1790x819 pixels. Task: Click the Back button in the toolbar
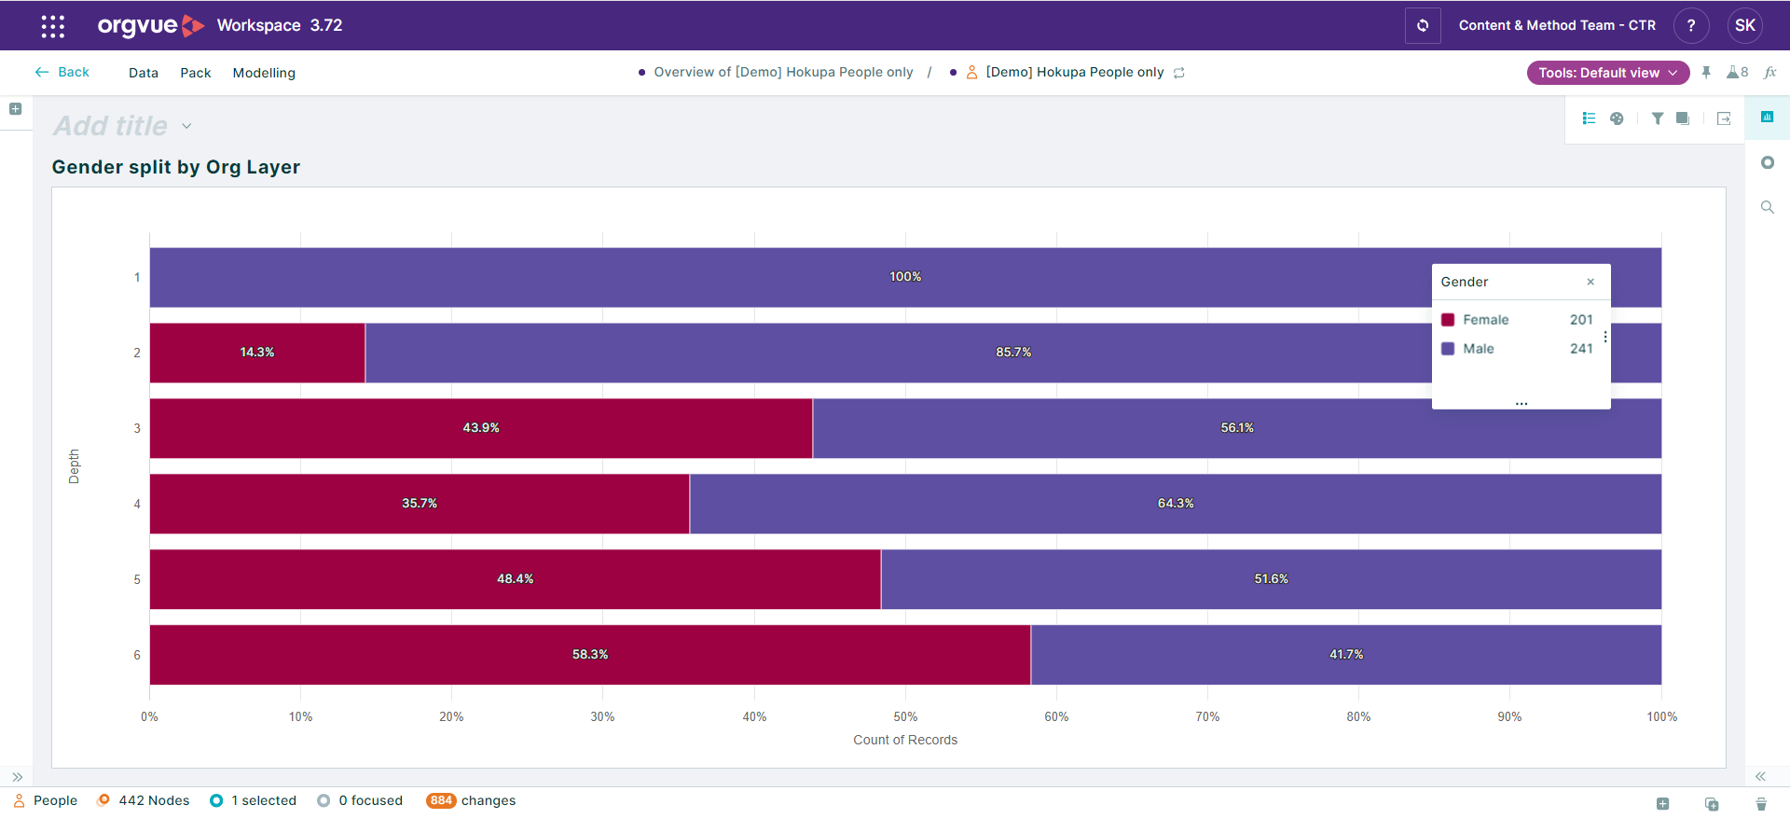[62, 72]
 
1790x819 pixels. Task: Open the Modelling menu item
[264, 73]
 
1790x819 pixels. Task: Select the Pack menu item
[195, 73]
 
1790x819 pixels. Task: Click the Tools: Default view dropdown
[1607, 73]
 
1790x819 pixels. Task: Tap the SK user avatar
[1744, 25]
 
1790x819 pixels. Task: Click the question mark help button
[1690, 25]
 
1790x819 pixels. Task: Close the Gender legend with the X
[1590, 282]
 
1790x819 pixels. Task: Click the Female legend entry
[1485, 320]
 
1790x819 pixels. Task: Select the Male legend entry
[1478, 349]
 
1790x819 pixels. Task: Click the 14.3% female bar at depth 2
[257, 353]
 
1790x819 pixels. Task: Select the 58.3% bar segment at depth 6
[590, 655]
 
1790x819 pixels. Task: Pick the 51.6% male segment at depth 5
[1271, 579]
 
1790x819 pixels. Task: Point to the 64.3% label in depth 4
[1176, 504]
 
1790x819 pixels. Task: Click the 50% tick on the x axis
[905, 716]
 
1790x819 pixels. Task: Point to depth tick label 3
[137, 428]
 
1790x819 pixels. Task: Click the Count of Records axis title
[905, 740]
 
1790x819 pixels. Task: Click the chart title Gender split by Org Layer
[176, 167]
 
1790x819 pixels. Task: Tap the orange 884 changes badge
[441, 800]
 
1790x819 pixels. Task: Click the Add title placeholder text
[111, 126]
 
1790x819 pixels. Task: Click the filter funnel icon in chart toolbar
[1657, 118]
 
